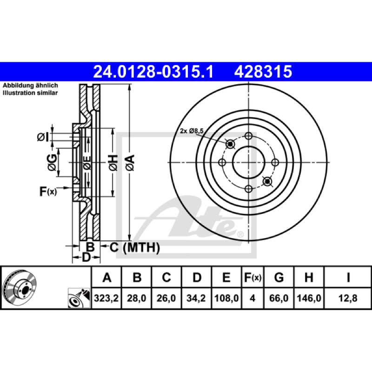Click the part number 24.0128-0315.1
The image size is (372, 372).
[x=153, y=72]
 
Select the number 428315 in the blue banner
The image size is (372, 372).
[x=263, y=72]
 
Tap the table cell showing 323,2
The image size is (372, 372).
[x=106, y=298]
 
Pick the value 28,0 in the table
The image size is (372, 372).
[x=136, y=298]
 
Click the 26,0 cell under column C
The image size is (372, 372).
[x=166, y=298]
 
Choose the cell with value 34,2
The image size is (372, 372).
[x=196, y=298]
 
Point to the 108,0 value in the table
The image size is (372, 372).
[x=226, y=298]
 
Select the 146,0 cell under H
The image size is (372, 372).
[x=309, y=298]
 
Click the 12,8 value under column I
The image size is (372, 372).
[x=348, y=298]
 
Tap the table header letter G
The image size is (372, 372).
[x=279, y=277]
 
